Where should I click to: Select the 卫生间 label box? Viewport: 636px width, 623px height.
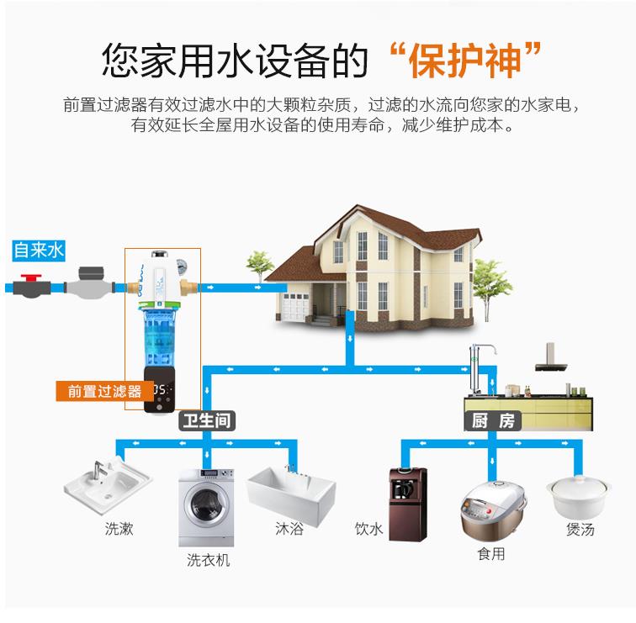click(x=206, y=420)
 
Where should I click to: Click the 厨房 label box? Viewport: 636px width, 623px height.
click(x=492, y=420)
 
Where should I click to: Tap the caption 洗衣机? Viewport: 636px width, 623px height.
click(x=208, y=560)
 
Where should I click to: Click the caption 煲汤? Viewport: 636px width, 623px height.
click(x=580, y=530)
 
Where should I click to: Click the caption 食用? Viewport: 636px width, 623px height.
click(x=490, y=554)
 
